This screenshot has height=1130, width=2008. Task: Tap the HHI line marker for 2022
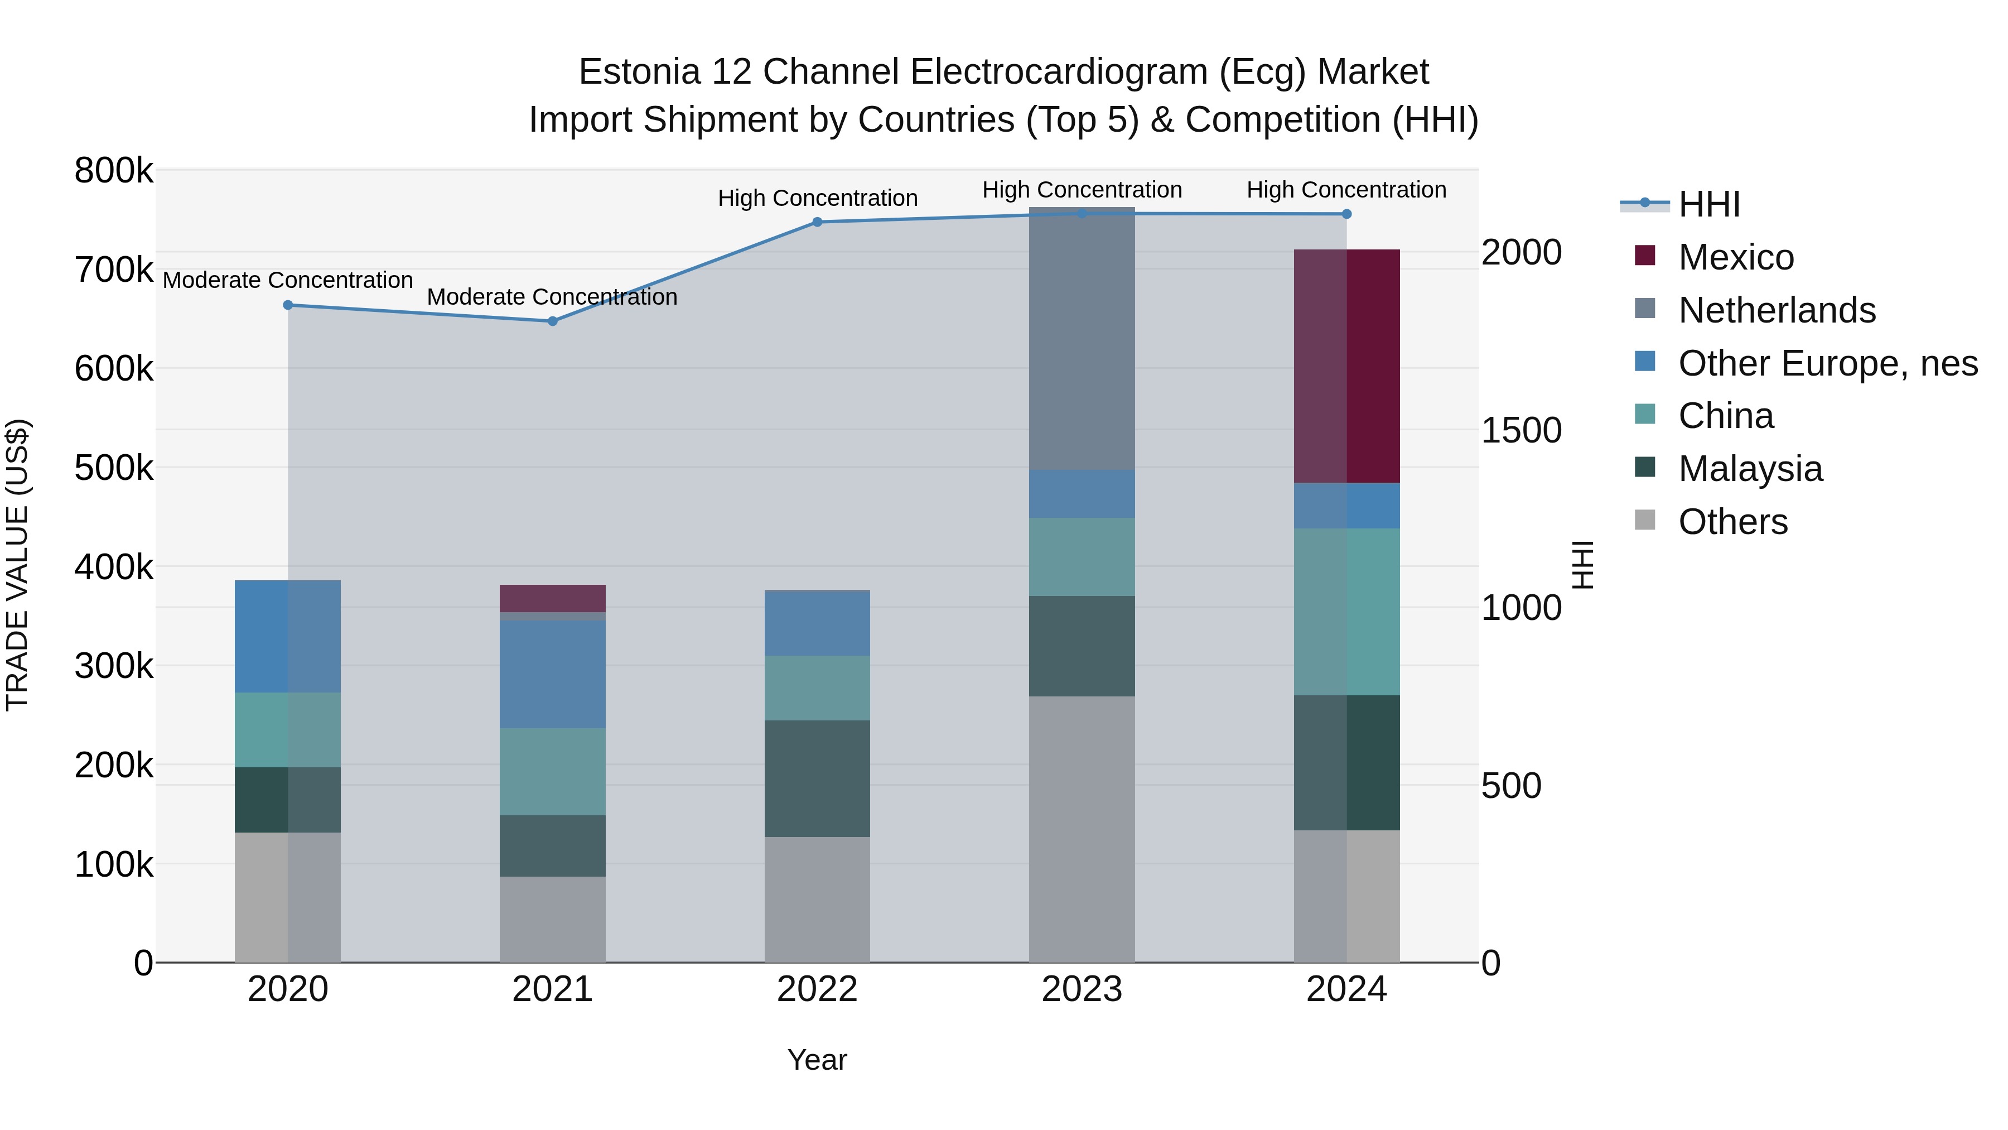click(x=817, y=222)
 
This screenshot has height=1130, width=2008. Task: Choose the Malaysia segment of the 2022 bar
click(x=817, y=778)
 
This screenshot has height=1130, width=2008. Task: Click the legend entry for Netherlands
click(x=1777, y=310)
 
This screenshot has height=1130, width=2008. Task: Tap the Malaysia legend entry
click(x=1750, y=469)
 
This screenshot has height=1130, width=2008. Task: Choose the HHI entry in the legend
click(x=1708, y=204)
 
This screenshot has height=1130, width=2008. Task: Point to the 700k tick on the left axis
click(x=114, y=270)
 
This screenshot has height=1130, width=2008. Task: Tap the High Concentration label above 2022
click(x=817, y=198)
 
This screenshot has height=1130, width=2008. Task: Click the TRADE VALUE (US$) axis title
click(x=17, y=565)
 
